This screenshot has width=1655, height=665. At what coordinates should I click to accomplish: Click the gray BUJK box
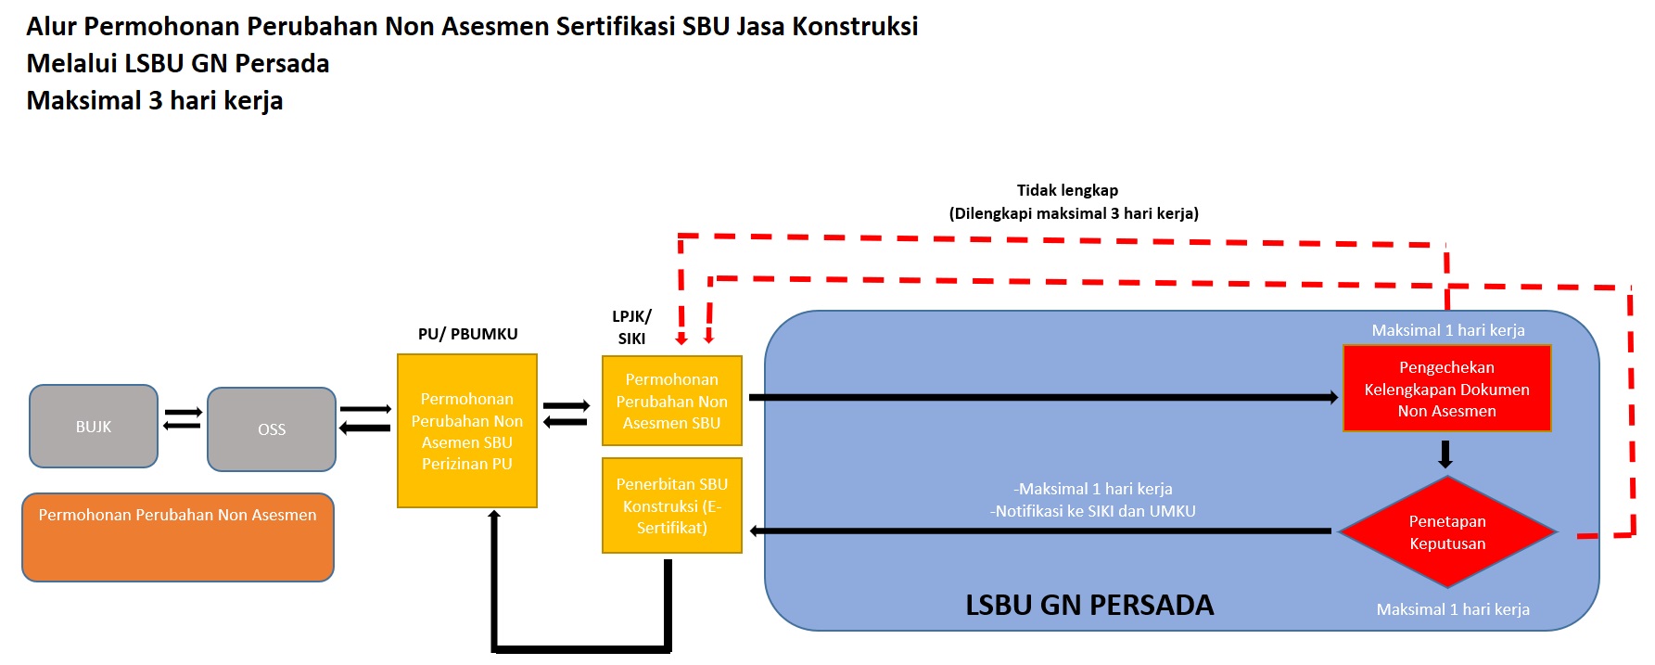click(94, 427)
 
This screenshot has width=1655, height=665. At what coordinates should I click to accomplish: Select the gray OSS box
click(272, 429)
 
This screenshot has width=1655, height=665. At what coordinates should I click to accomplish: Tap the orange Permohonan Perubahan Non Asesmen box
click(178, 538)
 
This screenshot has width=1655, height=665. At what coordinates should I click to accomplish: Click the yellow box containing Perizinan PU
click(467, 431)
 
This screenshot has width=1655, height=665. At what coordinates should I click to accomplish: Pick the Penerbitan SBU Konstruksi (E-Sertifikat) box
click(672, 505)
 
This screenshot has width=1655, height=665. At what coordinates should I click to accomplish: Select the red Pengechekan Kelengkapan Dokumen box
click(1446, 389)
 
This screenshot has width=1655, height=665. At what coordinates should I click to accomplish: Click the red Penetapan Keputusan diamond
click(1447, 532)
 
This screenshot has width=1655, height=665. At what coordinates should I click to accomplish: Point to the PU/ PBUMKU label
click(467, 334)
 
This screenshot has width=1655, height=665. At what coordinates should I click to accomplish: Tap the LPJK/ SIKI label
click(631, 327)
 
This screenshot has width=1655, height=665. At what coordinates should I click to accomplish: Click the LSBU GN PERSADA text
click(1089, 606)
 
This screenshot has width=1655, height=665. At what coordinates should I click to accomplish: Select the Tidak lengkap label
click(1067, 190)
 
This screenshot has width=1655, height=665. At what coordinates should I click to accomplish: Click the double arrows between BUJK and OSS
click(183, 419)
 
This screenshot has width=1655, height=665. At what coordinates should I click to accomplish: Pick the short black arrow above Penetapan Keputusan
click(1445, 454)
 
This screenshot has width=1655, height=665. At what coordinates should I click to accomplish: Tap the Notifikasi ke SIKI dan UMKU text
click(1092, 511)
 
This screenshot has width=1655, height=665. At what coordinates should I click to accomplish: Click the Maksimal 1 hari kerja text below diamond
click(1453, 609)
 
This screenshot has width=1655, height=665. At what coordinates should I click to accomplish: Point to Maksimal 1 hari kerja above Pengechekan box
click(1448, 330)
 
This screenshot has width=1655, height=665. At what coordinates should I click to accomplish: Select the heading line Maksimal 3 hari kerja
click(155, 100)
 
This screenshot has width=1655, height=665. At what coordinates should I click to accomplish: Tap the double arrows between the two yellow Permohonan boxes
click(566, 414)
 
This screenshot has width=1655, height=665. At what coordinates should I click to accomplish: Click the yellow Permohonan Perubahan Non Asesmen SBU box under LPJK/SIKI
click(672, 402)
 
